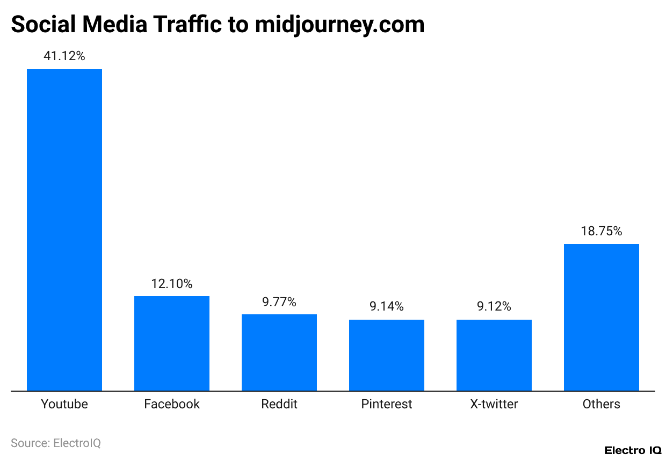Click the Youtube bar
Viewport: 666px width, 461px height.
pos(64,229)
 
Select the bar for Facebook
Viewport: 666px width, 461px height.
pos(172,343)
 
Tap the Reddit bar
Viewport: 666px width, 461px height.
pos(279,352)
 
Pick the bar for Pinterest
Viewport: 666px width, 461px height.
pos(387,355)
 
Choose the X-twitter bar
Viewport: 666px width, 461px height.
pos(494,355)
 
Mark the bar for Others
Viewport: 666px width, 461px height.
pos(602,317)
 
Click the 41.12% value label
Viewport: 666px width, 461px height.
pos(64,56)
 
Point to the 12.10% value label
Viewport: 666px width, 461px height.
pos(172,284)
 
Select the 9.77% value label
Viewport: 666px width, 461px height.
pos(279,302)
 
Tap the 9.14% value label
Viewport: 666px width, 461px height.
pos(387,307)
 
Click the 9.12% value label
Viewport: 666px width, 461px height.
pos(494,307)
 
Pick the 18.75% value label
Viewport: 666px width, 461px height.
pos(602,231)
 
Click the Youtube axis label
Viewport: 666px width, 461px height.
pos(64,404)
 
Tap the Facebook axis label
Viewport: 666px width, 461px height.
pos(172,404)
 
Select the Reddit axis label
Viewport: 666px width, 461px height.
pos(279,404)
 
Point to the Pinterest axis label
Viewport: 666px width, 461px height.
pos(387,404)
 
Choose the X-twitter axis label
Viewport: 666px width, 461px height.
pos(494,404)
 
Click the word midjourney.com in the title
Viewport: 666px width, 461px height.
pos(339,25)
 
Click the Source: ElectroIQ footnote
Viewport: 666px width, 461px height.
pos(56,443)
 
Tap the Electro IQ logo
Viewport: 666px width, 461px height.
pos(633,450)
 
